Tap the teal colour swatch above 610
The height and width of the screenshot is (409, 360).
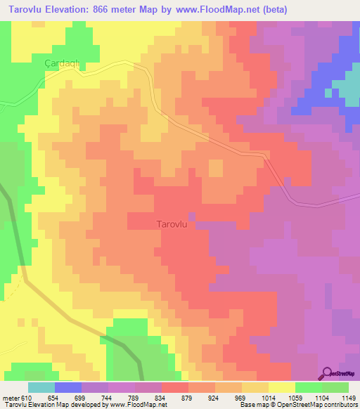click(x=41, y=387)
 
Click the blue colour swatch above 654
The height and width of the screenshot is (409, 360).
click(x=68, y=387)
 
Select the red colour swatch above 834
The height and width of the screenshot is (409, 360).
click(x=175, y=387)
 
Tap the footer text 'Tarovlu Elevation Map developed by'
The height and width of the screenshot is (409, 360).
click(x=50, y=405)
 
